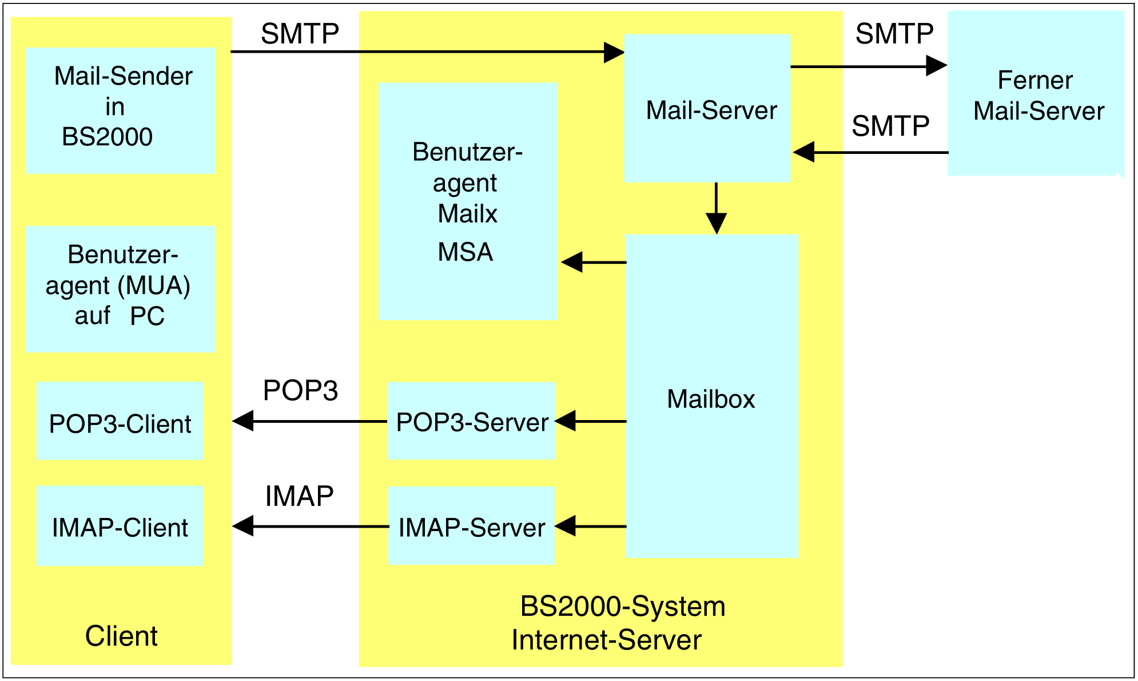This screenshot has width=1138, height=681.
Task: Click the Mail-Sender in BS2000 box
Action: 121,110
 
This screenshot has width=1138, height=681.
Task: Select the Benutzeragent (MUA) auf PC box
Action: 120,288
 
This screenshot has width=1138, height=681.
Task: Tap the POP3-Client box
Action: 120,421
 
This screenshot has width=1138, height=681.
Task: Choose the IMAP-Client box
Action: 120,526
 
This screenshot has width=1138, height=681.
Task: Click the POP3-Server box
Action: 472,421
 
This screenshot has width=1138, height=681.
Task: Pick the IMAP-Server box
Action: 472,526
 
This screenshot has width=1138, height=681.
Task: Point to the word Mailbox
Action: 711,399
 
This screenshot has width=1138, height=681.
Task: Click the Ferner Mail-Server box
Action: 1035,94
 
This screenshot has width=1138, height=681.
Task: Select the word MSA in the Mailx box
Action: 465,252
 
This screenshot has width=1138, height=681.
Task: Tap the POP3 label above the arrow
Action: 300,391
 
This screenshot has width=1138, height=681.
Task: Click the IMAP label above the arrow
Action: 299,496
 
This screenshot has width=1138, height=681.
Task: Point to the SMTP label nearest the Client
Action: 300,34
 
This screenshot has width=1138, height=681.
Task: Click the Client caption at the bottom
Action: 121,636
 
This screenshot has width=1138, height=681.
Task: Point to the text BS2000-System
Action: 623,607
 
